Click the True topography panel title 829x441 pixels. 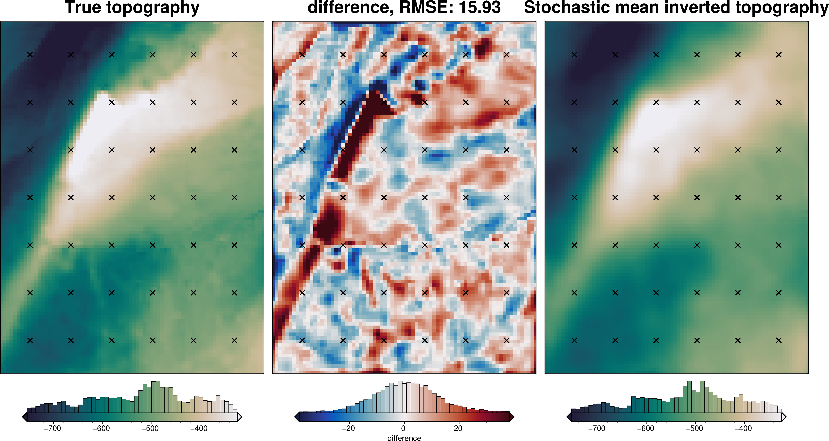pyautogui.click(x=132, y=8)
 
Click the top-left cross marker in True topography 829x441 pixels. pyautogui.click(x=30, y=55)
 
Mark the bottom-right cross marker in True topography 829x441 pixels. pyautogui.click(x=234, y=340)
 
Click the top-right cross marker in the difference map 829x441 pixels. pyautogui.click(x=507, y=55)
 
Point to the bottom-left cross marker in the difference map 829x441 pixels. pyautogui.click(x=302, y=340)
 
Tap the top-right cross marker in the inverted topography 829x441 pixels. pyautogui.click(x=779, y=55)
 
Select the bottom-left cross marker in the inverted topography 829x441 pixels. pyautogui.click(x=574, y=340)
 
